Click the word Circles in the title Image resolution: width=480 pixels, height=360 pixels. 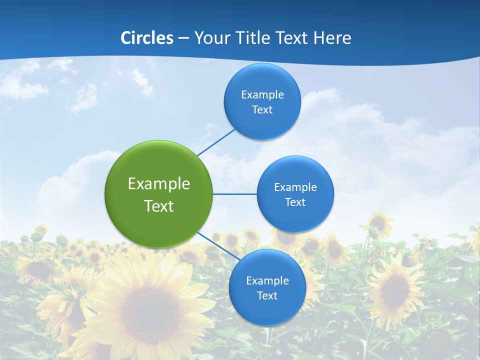point(146,38)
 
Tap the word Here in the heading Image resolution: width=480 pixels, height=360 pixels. point(332,38)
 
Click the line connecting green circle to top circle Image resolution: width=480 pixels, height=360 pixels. point(216,141)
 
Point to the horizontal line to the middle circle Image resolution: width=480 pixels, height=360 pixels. point(235,194)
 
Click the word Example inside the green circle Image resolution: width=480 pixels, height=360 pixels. point(159,184)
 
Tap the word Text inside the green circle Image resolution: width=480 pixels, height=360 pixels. point(159,206)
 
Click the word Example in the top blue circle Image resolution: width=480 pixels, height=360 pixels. point(262,95)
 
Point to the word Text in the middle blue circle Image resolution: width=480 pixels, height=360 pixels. point(295,202)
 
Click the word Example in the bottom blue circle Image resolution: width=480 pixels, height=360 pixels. point(267,280)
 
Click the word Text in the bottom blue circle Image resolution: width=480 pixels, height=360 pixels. point(267,295)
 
